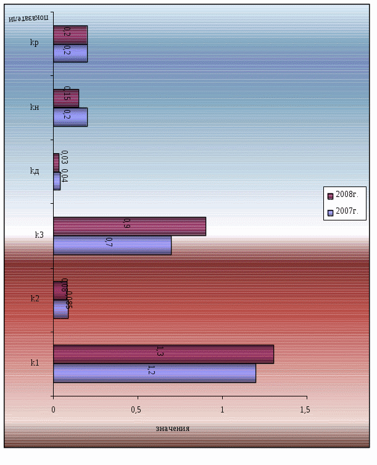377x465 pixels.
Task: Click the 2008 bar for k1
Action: point(163,354)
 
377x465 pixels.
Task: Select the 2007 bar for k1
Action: point(154,373)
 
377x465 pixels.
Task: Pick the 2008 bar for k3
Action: point(130,227)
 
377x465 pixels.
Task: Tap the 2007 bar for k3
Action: point(112,245)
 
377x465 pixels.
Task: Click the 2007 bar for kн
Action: point(70,117)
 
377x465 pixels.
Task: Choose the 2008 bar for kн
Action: point(66,98)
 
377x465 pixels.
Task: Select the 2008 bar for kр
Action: point(70,35)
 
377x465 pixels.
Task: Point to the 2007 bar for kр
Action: point(70,53)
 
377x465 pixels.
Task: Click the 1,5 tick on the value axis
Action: point(305,409)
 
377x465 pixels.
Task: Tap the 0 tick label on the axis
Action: point(53,409)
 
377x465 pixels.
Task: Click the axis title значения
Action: point(172,429)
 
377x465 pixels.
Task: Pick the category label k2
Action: point(35,298)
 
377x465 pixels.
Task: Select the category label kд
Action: point(35,170)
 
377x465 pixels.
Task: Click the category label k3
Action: point(39,235)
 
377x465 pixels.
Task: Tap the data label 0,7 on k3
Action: point(109,243)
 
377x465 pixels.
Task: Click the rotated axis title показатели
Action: point(29,17)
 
